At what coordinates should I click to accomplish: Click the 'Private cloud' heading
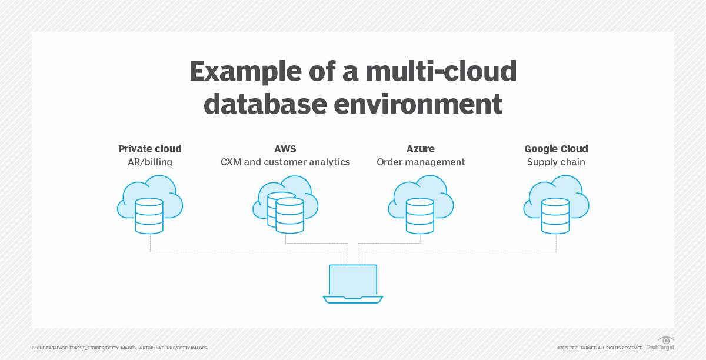(x=150, y=149)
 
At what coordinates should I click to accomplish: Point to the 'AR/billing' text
(x=150, y=162)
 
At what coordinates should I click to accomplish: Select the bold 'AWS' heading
(x=285, y=149)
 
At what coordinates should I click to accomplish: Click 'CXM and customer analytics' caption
(x=285, y=162)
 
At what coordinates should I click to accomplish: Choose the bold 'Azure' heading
(x=421, y=149)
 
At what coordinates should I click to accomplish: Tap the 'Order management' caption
(x=421, y=162)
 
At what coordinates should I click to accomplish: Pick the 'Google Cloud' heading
(x=556, y=149)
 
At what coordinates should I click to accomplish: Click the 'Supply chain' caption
(x=556, y=162)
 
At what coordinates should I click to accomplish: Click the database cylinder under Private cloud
(x=149, y=215)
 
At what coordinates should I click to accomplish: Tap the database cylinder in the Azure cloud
(x=420, y=215)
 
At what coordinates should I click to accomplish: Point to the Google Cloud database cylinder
(x=555, y=215)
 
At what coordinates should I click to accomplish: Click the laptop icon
(x=353, y=284)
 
